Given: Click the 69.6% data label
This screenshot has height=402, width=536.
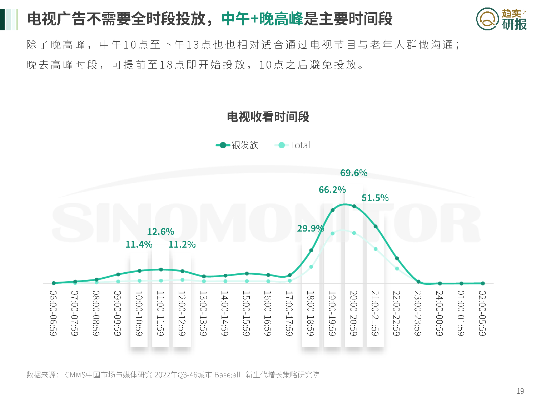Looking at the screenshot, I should click(354, 173).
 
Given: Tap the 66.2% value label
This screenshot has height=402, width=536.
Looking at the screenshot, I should click(332, 190).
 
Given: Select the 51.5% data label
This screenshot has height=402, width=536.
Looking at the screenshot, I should click(375, 198).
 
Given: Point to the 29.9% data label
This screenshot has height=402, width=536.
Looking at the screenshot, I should click(311, 228).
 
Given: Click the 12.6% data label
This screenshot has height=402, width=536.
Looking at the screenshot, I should click(160, 232).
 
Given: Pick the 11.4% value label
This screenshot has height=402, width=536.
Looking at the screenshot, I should click(139, 244).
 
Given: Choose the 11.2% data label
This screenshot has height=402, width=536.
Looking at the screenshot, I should click(182, 244).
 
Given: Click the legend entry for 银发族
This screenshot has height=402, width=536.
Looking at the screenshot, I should click(237, 145).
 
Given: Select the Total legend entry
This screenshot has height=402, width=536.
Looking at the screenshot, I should click(293, 145).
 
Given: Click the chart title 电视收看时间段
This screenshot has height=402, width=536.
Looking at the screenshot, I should click(268, 117).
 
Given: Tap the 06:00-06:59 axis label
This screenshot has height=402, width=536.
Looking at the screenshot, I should click(53, 313).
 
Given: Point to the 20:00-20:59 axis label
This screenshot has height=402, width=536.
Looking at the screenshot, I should click(354, 313).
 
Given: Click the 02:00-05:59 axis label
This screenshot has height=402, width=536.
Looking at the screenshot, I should click(482, 313).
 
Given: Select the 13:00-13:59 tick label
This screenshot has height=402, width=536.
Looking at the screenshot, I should click(203, 313).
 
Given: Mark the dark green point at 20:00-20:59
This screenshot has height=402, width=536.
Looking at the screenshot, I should click(354, 206).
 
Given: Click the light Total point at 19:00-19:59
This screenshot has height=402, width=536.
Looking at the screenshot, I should click(333, 233).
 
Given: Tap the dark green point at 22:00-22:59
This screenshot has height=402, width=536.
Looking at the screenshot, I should click(397, 258).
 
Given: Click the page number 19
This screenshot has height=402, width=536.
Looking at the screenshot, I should click(520, 391).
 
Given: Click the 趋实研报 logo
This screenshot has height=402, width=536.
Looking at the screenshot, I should click(501, 19).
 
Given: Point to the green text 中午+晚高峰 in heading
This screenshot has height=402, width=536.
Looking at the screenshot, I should click(262, 19).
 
